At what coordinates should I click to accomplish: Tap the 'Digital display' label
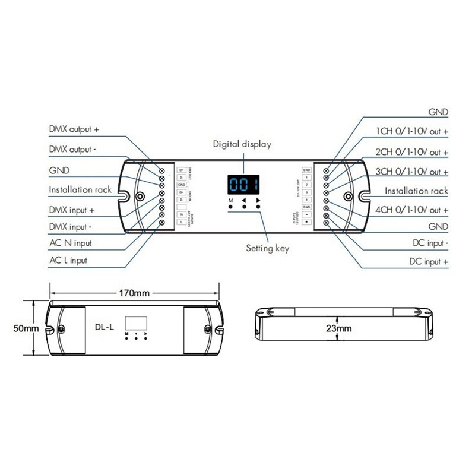point(242,144)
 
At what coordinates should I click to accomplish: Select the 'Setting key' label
point(267,248)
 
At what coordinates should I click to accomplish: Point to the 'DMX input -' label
point(72,226)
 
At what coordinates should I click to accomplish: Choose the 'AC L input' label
point(68,260)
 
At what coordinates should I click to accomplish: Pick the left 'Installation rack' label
point(80,190)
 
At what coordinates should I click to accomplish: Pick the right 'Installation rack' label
point(416,191)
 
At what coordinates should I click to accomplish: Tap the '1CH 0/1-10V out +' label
point(412,131)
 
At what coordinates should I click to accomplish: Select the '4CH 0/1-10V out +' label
point(412,210)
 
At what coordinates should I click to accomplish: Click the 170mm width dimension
point(134,293)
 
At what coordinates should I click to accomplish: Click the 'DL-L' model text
point(104,325)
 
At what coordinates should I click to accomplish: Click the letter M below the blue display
point(230,201)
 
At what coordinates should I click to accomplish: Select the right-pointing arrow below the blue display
point(258,201)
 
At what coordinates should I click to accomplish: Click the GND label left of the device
point(59,170)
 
